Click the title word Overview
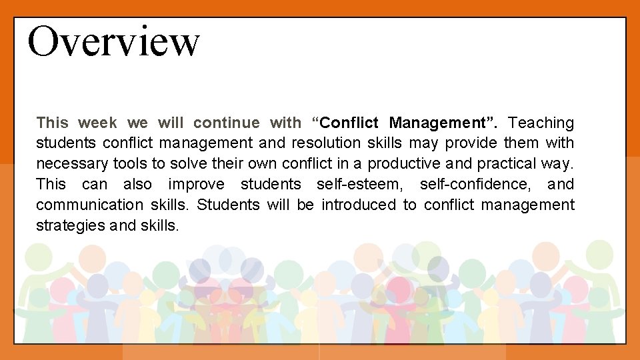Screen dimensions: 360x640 [x=113, y=41]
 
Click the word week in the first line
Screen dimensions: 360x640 [x=97, y=123]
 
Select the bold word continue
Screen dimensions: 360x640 [x=226, y=123]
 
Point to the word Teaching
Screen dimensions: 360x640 [x=541, y=123]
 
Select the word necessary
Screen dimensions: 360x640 [x=72, y=164]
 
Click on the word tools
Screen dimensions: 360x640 [x=130, y=164]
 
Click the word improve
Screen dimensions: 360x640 [x=197, y=185]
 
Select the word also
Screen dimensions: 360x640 [x=137, y=185]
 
